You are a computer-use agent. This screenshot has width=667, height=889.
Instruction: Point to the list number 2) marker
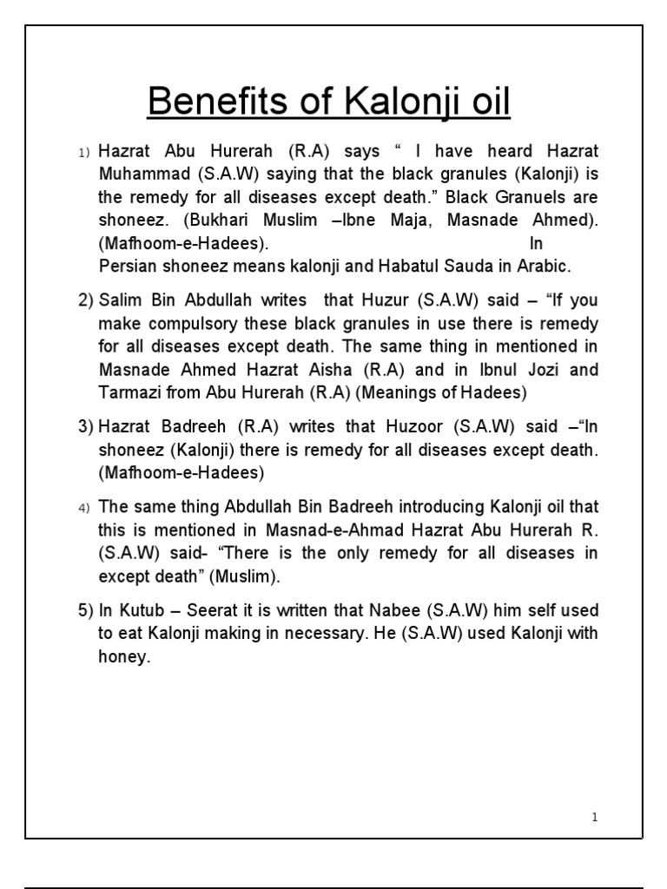click(85, 300)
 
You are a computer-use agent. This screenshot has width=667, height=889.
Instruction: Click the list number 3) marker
click(85, 427)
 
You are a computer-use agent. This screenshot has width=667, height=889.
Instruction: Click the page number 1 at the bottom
click(595, 817)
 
